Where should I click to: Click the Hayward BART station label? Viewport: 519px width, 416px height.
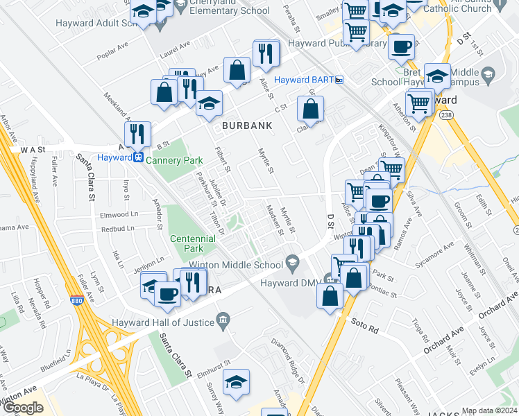pyautogui.click(x=303, y=80)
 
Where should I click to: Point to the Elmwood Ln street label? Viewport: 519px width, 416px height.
pyautogui.click(x=117, y=214)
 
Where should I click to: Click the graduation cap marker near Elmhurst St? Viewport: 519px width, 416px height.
pyautogui.click(x=237, y=382)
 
